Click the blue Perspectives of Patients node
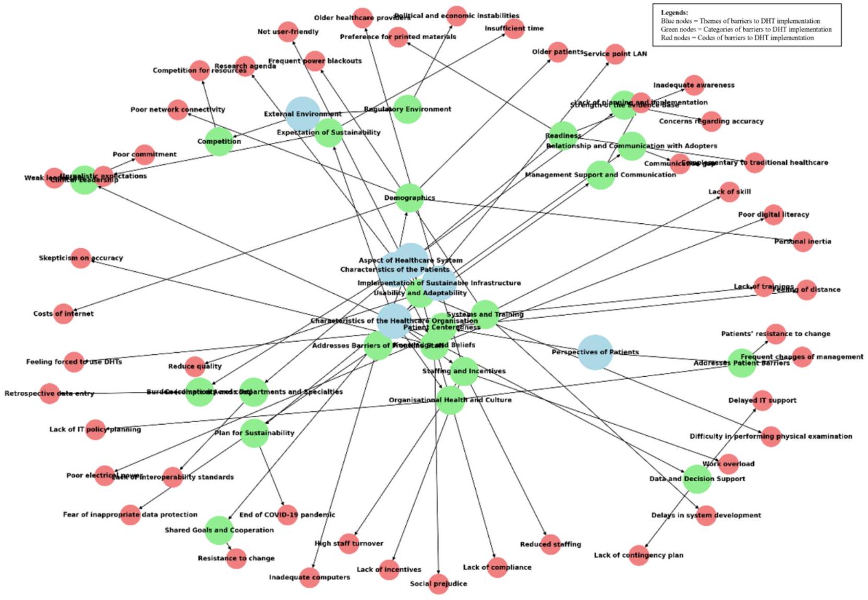tap(595, 352)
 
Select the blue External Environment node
tap(303, 114)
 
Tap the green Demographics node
tap(409, 198)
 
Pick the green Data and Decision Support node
tap(697, 478)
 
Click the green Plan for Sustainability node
tap(255, 433)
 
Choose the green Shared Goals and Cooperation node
tap(219, 530)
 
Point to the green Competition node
tap(219, 141)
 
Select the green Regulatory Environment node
tap(407, 109)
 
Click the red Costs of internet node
tap(64, 314)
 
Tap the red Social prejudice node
tap(438, 583)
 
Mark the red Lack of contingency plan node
tap(638, 555)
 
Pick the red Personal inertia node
tap(803, 242)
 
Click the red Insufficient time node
tap(514, 28)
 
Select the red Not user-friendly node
tap(288, 32)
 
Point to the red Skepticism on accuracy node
tap(81, 258)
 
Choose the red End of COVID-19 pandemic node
tap(287, 514)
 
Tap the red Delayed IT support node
tap(762, 400)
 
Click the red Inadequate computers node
tap(309, 577)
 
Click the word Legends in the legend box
tap(674, 13)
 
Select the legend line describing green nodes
tap(746, 29)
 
